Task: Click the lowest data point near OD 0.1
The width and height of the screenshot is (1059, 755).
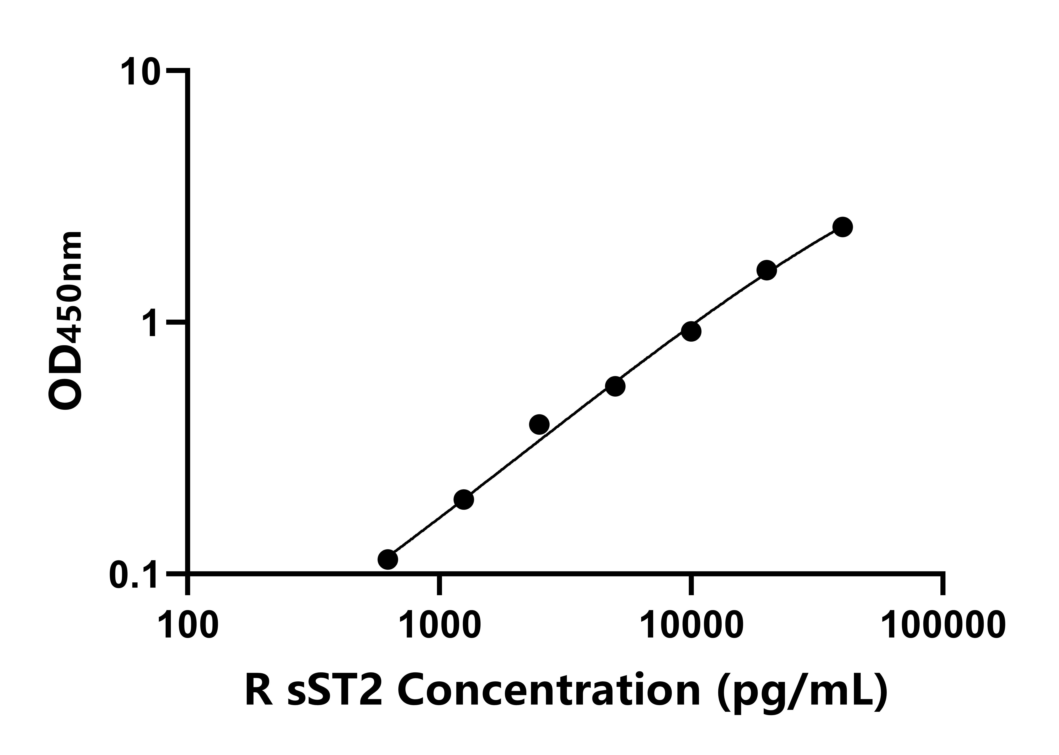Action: click(x=388, y=559)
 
